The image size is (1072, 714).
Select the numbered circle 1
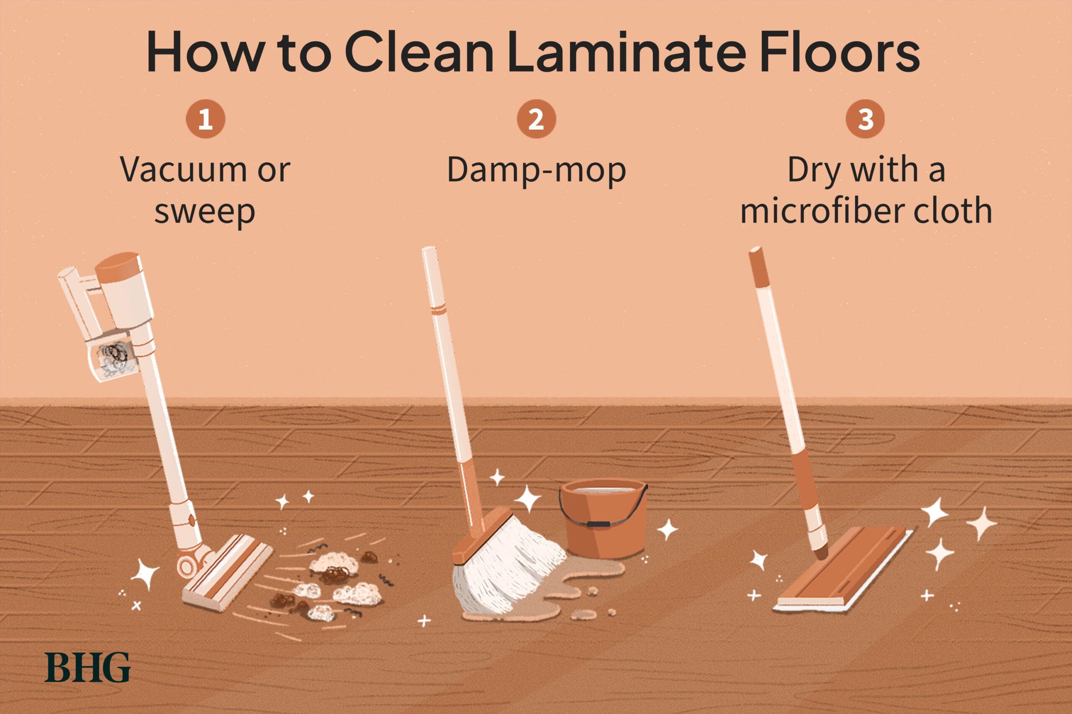pos(205,119)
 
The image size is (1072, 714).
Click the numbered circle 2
pos(536,119)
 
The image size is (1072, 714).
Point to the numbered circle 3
pos(865,119)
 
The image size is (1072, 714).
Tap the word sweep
pos(205,212)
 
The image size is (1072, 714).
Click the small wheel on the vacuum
pos(187,566)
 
